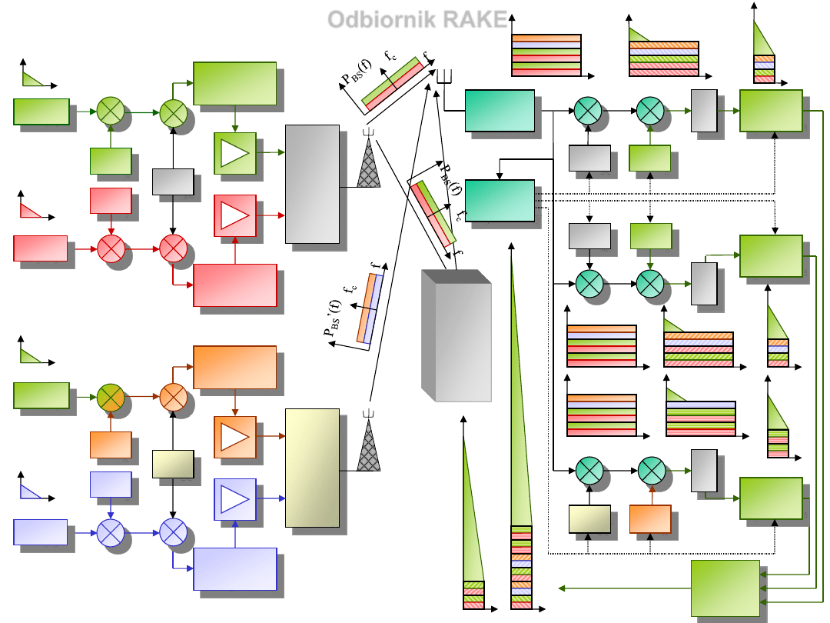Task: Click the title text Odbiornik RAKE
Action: tap(418, 19)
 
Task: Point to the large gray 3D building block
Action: tap(456, 335)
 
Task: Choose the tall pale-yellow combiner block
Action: tap(312, 468)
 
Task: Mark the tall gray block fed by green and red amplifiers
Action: tap(312, 184)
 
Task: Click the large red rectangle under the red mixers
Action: tap(234, 285)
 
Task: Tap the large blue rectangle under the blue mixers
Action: tap(234, 568)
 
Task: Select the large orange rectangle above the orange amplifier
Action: tap(234, 367)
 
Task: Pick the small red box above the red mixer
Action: tap(111, 201)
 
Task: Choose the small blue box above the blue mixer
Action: tap(111, 485)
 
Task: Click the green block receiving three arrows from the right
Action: tap(725, 587)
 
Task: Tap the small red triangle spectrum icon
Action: tap(31, 209)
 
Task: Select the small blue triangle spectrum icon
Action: tap(31, 492)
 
